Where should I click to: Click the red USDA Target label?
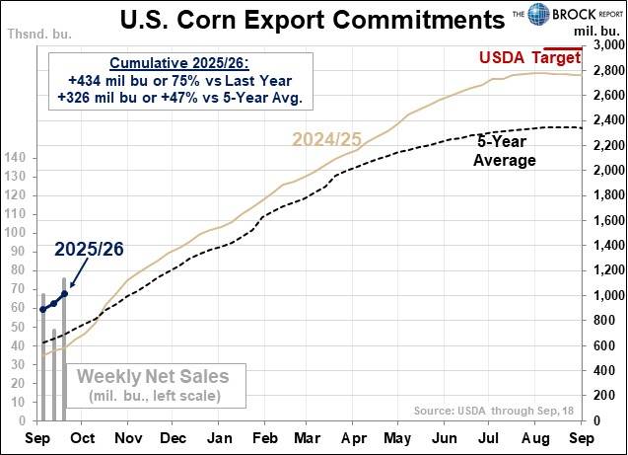[x=528, y=57]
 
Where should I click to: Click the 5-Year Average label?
[x=508, y=149]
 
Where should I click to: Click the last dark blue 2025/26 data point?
[x=65, y=293]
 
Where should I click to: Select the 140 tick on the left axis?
[x=17, y=158]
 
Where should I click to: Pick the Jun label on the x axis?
[x=445, y=437]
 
